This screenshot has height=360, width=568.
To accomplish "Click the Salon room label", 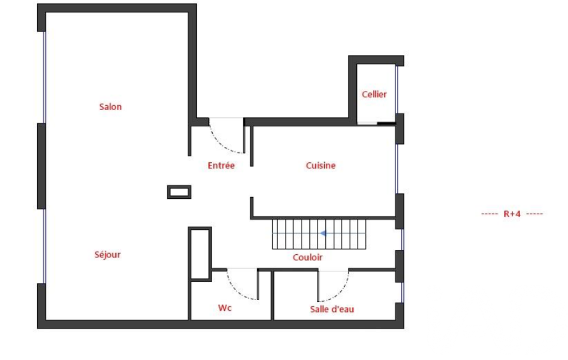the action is [110, 106].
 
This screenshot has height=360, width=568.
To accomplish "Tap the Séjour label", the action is [108, 254].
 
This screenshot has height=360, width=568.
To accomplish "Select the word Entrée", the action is [221, 166].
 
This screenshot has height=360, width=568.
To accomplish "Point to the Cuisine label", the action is [321, 166].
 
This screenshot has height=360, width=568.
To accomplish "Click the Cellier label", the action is [374, 94].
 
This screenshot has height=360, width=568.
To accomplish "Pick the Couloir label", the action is [308, 257].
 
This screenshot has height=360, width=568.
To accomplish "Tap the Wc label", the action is [224, 308].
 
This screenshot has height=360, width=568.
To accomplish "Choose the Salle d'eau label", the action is [332, 309].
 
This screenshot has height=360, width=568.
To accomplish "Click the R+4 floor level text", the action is [512, 214].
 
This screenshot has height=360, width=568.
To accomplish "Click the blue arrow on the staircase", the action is [323, 233].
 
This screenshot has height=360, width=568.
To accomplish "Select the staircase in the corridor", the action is [319, 234].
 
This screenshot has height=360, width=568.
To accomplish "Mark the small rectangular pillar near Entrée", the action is [179, 192].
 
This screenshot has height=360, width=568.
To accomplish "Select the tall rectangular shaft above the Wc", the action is [200, 254].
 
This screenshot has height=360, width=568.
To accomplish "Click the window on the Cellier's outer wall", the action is [397, 90].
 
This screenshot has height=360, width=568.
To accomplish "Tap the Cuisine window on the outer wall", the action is [397, 169].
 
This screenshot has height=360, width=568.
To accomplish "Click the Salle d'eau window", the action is [402, 292].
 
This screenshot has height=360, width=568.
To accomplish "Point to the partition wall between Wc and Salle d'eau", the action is [273, 296].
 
